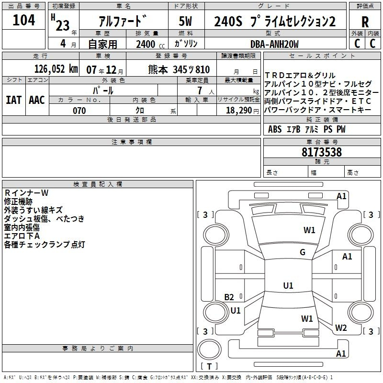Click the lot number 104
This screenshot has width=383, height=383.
click(23, 20)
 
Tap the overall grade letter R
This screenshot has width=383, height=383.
click(365, 22)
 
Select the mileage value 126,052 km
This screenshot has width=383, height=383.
click(56, 69)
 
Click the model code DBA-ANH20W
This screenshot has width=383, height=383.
click(274, 44)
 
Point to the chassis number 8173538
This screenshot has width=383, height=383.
click(322, 152)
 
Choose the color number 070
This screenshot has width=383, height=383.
click(79, 111)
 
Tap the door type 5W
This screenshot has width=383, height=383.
click(185, 21)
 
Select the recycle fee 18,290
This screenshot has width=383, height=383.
click(239, 111)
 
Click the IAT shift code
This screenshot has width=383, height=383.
click(14, 100)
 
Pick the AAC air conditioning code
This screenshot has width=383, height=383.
click(37, 100)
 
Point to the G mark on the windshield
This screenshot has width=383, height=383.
click(303, 252)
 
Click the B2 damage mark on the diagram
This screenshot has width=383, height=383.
click(229, 297)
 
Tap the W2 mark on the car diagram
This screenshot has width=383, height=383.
click(341, 327)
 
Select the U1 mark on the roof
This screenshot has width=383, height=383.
click(288, 285)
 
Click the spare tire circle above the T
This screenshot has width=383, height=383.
click(209, 349)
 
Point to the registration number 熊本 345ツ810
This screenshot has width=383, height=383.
click(179, 69)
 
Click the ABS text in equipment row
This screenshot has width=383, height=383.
click(275, 129)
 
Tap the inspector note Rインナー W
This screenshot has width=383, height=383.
click(26, 193)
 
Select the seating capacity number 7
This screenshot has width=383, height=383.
click(200, 90)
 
